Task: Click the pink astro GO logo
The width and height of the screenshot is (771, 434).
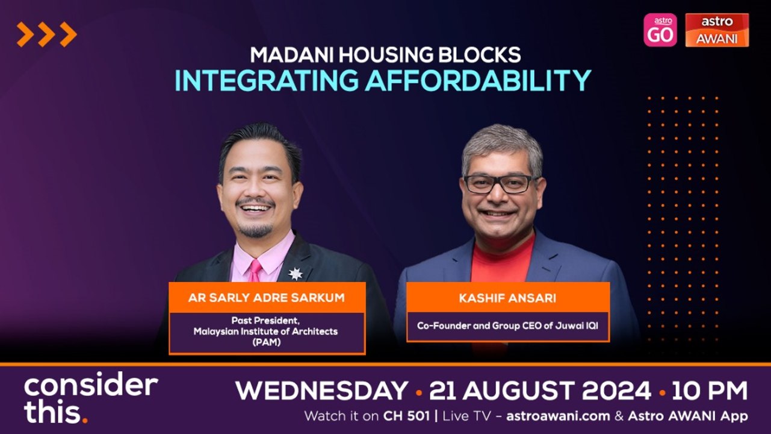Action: coord(660,30)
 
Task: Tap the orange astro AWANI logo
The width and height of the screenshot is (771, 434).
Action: coord(717,30)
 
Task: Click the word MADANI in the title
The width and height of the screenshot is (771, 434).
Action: coord(291,55)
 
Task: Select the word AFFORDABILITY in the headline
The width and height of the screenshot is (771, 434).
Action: coord(478,80)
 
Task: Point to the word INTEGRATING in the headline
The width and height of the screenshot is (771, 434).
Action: coord(267,80)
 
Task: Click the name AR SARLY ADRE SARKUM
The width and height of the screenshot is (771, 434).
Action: coord(267,298)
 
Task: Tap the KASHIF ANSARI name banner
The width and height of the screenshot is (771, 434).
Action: coord(508,298)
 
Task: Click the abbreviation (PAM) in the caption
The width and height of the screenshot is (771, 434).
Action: coord(267,342)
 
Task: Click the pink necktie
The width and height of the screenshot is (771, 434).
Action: coord(255,271)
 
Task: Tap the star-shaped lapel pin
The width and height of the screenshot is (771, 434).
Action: coord(296,274)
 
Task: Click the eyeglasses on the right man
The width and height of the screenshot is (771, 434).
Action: coord(501,184)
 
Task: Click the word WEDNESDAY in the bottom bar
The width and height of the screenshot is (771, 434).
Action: coord(322,391)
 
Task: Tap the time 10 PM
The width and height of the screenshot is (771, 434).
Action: coord(710,391)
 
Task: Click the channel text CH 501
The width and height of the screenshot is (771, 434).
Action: coord(406,416)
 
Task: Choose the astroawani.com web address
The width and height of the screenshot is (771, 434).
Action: coord(558,416)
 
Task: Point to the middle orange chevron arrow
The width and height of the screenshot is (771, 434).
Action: coord(46,34)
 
